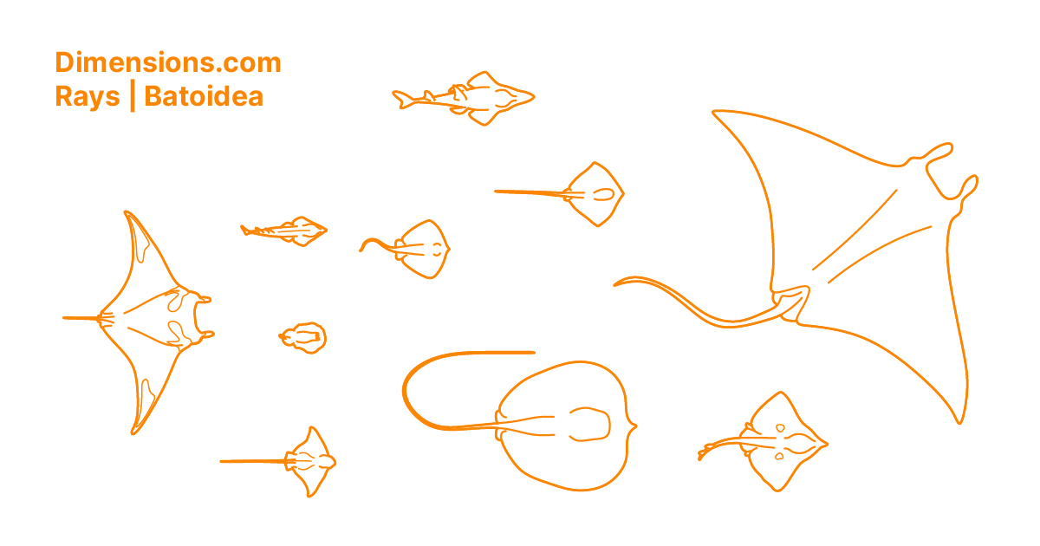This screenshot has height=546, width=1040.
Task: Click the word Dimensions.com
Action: click(167, 62)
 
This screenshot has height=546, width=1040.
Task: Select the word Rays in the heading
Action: click(87, 96)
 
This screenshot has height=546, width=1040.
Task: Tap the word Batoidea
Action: click(204, 96)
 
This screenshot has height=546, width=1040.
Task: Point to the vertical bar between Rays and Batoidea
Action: click(132, 96)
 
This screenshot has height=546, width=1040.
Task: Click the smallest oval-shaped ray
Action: click(303, 336)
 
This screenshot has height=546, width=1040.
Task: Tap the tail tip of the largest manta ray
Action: click(616, 283)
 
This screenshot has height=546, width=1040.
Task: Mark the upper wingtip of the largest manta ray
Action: click(715, 112)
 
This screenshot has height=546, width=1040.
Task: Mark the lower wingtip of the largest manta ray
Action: click(959, 421)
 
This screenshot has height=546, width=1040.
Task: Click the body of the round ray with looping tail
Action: click(563, 425)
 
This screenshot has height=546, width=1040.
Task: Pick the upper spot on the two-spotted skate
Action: click(779, 428)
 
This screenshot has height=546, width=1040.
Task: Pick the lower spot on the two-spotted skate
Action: click(779, 456)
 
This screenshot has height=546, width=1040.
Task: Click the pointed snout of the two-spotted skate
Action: click(826, 445)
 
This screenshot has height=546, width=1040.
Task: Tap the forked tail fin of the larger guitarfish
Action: click(400, 99)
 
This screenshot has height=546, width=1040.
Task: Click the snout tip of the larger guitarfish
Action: click(532, 97)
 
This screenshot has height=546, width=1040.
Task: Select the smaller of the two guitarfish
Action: click(286, 231)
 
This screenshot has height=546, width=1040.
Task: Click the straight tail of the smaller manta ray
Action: click(82, 318)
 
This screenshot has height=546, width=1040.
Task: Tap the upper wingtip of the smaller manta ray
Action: click(127, 212)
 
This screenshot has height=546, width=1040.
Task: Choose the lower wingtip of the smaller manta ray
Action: click(134, 432)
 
